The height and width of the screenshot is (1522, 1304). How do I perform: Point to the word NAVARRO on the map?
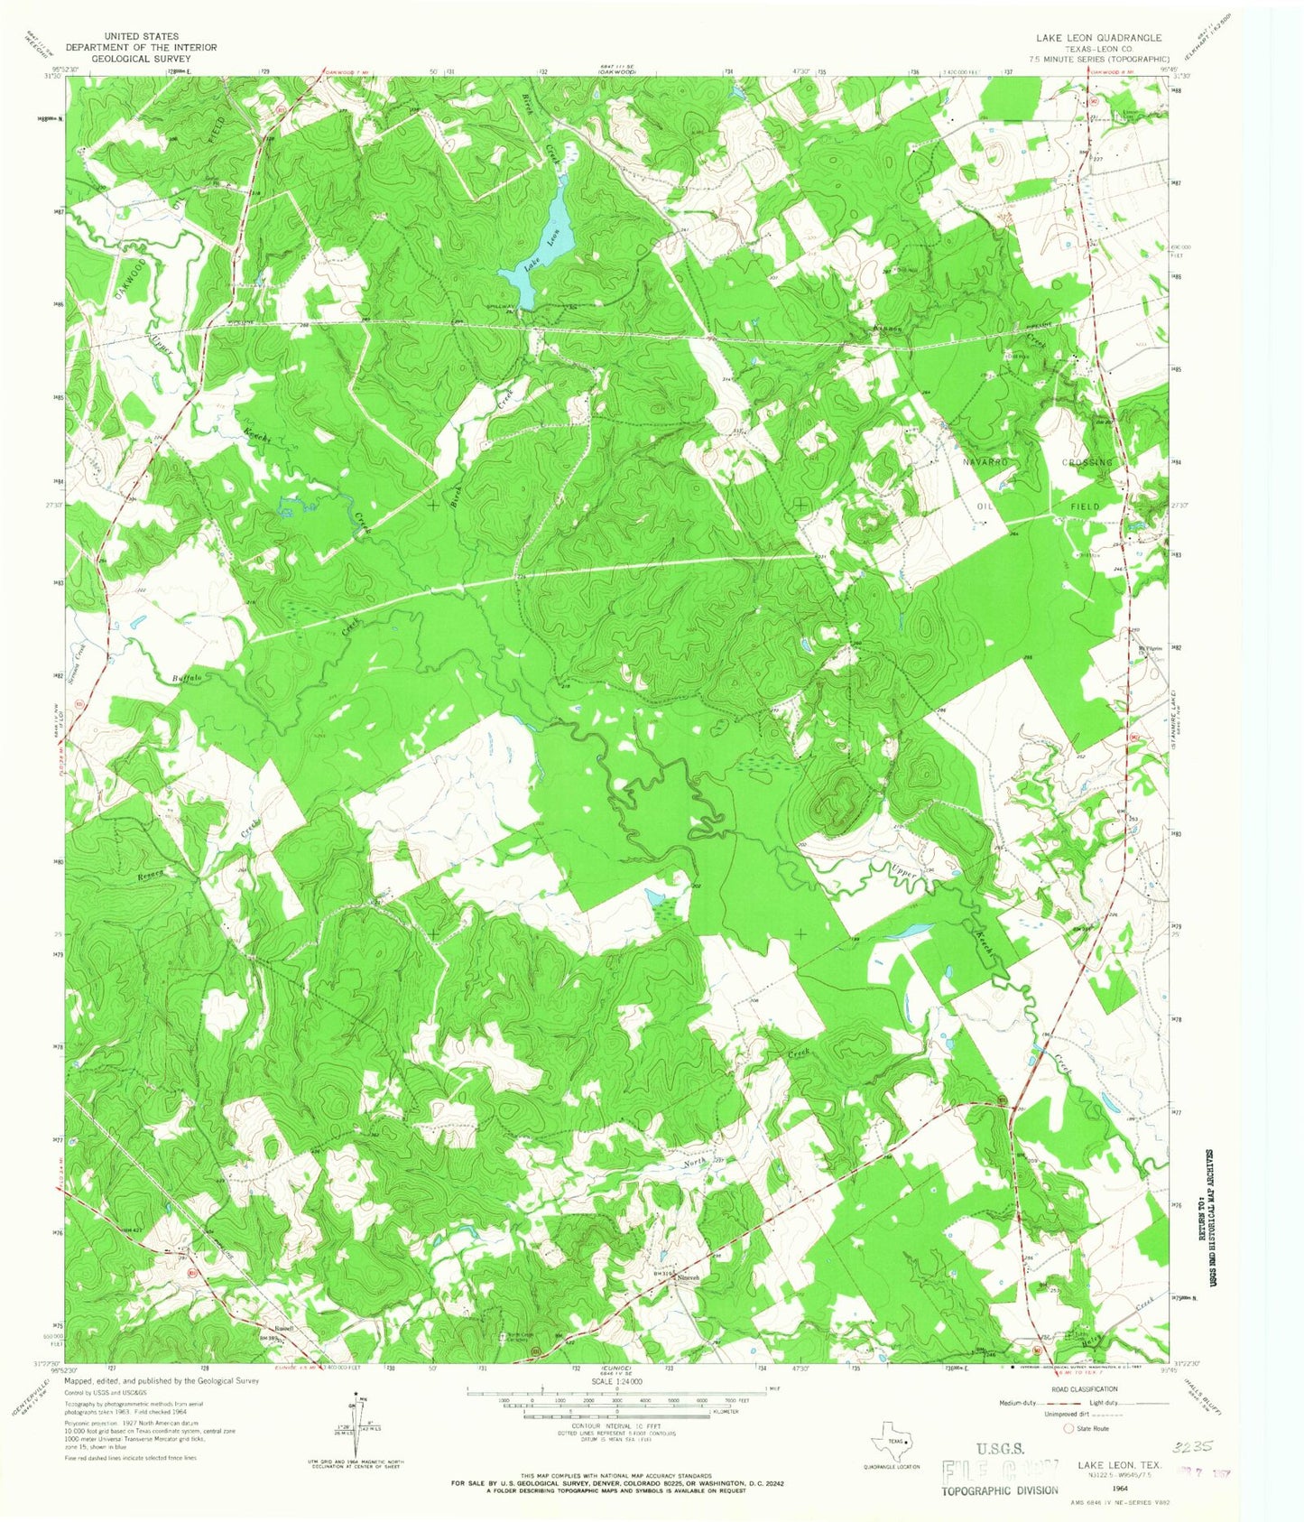coord(985,461)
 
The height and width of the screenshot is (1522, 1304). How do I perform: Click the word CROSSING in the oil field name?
coord(1087,461)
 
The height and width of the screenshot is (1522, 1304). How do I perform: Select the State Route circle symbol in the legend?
coord(1069,1429)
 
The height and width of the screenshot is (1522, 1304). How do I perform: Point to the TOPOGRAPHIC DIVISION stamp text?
coord(1000,1490)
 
